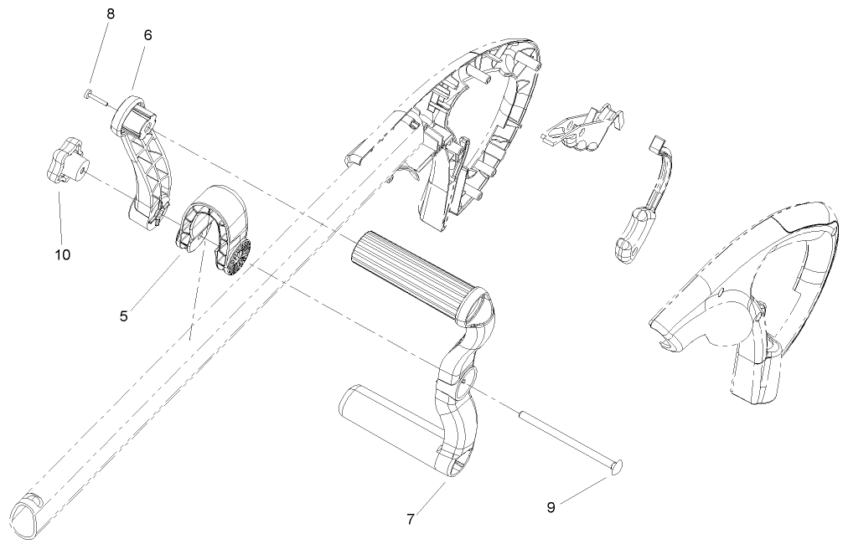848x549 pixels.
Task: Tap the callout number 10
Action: (x=63, y=254)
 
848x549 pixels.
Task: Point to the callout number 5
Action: (x=123, y=316)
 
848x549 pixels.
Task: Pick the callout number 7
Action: (x=410, y=519)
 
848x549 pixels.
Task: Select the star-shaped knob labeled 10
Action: (x=65, y=162)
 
